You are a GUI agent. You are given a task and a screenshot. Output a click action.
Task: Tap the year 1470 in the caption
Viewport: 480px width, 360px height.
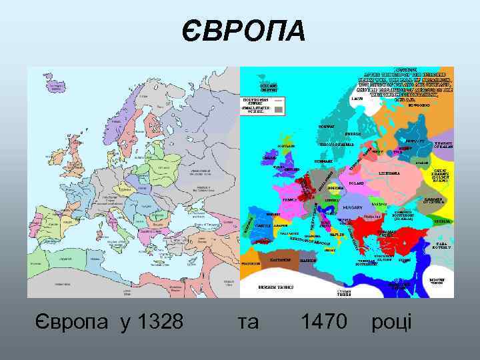tap(324, 322)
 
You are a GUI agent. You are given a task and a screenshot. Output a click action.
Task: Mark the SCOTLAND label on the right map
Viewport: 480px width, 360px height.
tap(287, 146)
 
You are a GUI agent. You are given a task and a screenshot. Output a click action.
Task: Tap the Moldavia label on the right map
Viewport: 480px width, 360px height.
tap(380, 204)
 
